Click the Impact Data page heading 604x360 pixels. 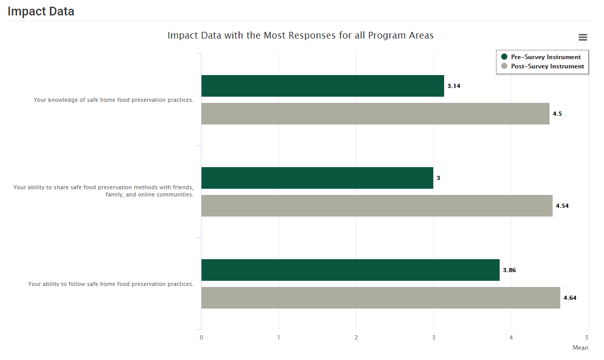41,11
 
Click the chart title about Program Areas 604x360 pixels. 300,35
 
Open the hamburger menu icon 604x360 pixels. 582,37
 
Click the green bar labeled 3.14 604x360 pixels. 322,86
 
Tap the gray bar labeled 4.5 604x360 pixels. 375,114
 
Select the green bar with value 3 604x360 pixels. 317,178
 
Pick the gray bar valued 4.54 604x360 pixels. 377,206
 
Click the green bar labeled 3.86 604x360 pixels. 350,270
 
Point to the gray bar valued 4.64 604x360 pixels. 380,298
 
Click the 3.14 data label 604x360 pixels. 453,86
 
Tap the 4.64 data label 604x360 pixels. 570,298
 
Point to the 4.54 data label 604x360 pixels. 562,206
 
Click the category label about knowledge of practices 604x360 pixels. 114,100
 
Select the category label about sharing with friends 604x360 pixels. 103,191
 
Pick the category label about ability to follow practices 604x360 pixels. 111,284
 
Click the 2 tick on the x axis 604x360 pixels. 356,337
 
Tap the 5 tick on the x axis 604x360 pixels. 588,337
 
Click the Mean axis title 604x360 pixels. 580,348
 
